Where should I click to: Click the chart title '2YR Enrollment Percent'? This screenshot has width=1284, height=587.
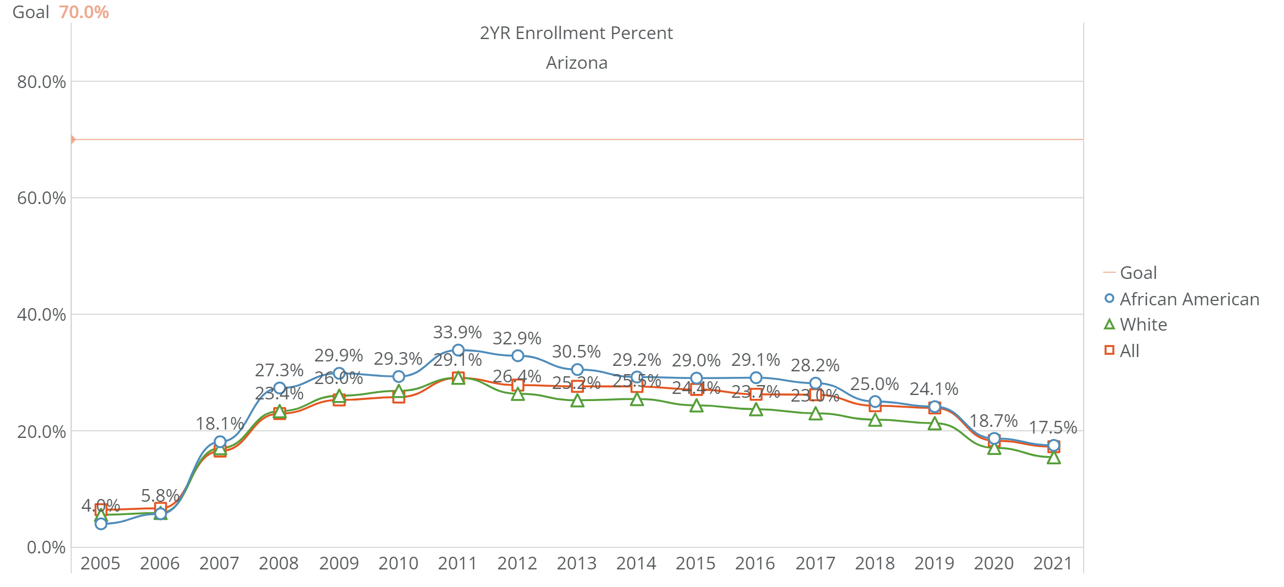point(576,34)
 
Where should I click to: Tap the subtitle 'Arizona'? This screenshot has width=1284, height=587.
point(576,63)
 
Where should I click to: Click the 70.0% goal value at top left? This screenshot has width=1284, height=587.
point(84,12)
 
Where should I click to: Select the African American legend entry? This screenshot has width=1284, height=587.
point(1189,299)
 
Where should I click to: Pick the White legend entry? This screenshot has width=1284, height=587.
point(1143,325)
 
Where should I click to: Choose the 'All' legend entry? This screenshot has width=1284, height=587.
point(1129,351)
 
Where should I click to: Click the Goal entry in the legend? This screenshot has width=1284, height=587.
point(1138,273)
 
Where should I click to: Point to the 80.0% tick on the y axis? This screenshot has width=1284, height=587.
point(41,82)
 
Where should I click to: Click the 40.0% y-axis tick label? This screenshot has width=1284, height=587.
point(41,315)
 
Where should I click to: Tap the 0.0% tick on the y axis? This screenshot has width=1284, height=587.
point(46,547)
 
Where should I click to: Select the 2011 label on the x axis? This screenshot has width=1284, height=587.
point(457,563)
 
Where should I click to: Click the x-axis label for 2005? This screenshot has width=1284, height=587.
point(100,563)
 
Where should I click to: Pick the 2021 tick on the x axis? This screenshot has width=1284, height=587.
point(1053,563)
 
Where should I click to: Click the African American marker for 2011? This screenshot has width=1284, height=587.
point(458,350)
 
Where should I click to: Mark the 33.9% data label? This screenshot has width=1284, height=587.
point(457,332)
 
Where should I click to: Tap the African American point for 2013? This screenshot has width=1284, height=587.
point(577,370)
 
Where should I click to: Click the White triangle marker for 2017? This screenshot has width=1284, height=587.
point(815,414)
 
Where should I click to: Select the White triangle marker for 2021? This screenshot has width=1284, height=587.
point(1053,458)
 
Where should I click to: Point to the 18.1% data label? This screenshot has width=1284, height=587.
point(220,424)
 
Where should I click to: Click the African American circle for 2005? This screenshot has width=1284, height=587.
point(101,524)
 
